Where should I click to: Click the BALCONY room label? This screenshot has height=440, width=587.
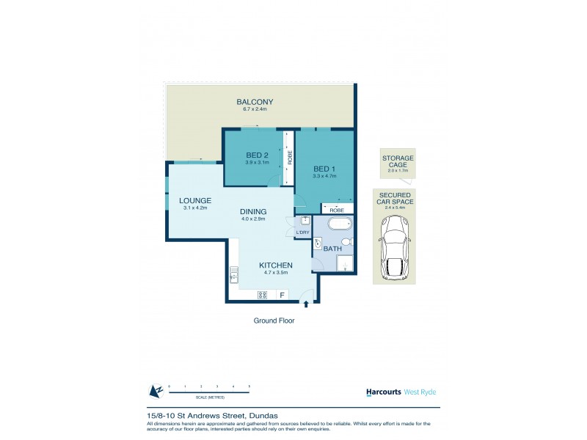click(x=255, y=102)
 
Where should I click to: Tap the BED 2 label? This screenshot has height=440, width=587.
click(x=256, y=155)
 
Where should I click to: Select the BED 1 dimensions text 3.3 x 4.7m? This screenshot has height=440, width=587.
click(x=324, y=176)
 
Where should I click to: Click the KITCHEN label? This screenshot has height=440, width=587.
click(x=276, y=265)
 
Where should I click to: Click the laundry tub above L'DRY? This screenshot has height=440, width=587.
click(x=305, y=221)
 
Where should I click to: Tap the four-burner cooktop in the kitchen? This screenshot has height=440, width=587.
click(x=261, y=295)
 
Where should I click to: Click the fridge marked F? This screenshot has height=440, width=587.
click(x=281, y=295)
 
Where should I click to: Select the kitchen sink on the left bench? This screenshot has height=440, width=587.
click(x=234, y=276)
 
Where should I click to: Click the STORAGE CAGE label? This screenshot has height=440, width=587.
click(x=397, y=161)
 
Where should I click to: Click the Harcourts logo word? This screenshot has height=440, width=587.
click(x=384, y=392)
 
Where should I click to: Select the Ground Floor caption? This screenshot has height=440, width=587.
click(x=274, y=320)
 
